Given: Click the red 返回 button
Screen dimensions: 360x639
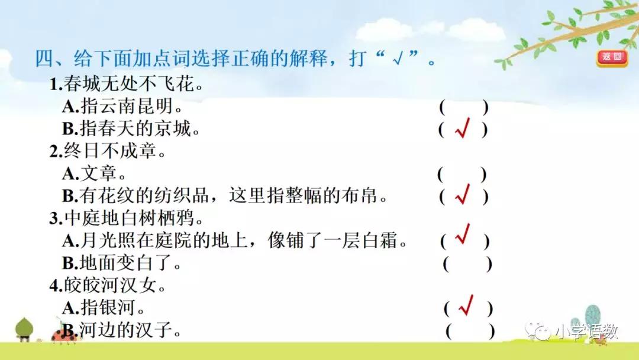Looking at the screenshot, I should click(x=612, y=57).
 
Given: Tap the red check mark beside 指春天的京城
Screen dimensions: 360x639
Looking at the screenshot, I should click(x=463, y=130).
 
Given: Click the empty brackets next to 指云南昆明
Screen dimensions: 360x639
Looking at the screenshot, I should click(x=463, y=108).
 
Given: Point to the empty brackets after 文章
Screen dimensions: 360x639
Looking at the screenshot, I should click(x=461, y=175).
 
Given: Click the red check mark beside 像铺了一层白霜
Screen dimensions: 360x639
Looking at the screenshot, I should click(x=463, y=237).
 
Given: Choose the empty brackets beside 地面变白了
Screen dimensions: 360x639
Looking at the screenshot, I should click(x=467, y=264).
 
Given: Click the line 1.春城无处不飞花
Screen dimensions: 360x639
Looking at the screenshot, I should click(x=127, y=85).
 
